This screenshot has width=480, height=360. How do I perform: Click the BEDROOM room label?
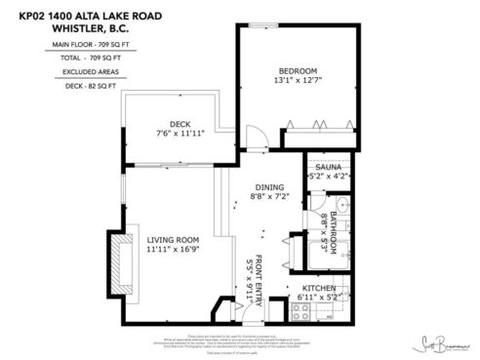point(299,70)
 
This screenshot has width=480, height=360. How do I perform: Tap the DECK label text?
point(179,123)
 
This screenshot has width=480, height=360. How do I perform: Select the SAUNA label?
point(327,168)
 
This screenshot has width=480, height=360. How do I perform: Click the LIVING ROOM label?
point(172,239)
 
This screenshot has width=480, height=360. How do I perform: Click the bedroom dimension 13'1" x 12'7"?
point(298,81)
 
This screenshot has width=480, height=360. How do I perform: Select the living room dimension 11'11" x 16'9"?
point(172,250)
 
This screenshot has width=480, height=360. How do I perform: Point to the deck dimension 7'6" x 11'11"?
point(179,133)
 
